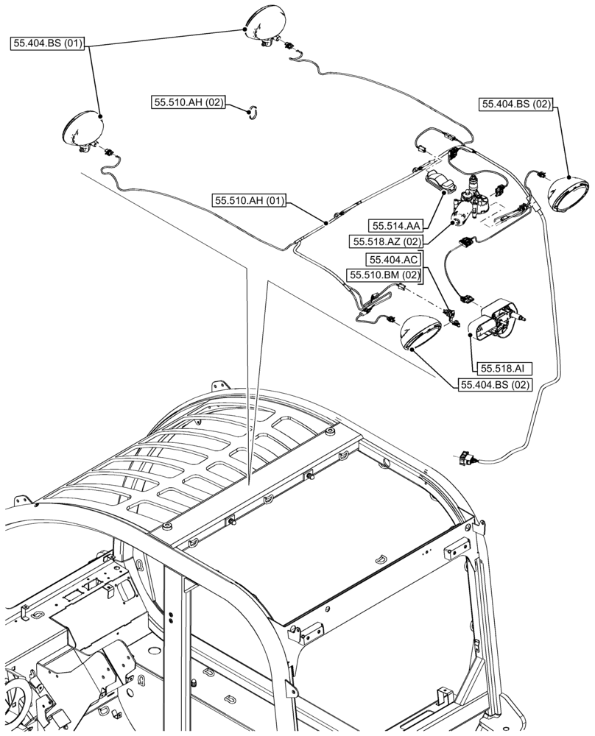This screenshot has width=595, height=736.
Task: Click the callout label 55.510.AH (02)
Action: [189, 103]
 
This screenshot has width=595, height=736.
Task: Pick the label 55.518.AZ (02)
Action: [387, 241]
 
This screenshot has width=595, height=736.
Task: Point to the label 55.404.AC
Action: [394, 260]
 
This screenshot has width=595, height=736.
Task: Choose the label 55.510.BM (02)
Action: [383, 275]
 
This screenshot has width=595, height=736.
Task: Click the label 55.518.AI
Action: [501, 368]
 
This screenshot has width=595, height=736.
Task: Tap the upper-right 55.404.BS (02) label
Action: [516, 105]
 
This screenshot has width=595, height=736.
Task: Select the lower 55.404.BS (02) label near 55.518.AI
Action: [495, 384]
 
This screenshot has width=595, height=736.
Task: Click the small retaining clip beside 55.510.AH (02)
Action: [252, 111]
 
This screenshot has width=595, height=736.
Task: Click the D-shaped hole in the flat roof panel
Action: [381, 559]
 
